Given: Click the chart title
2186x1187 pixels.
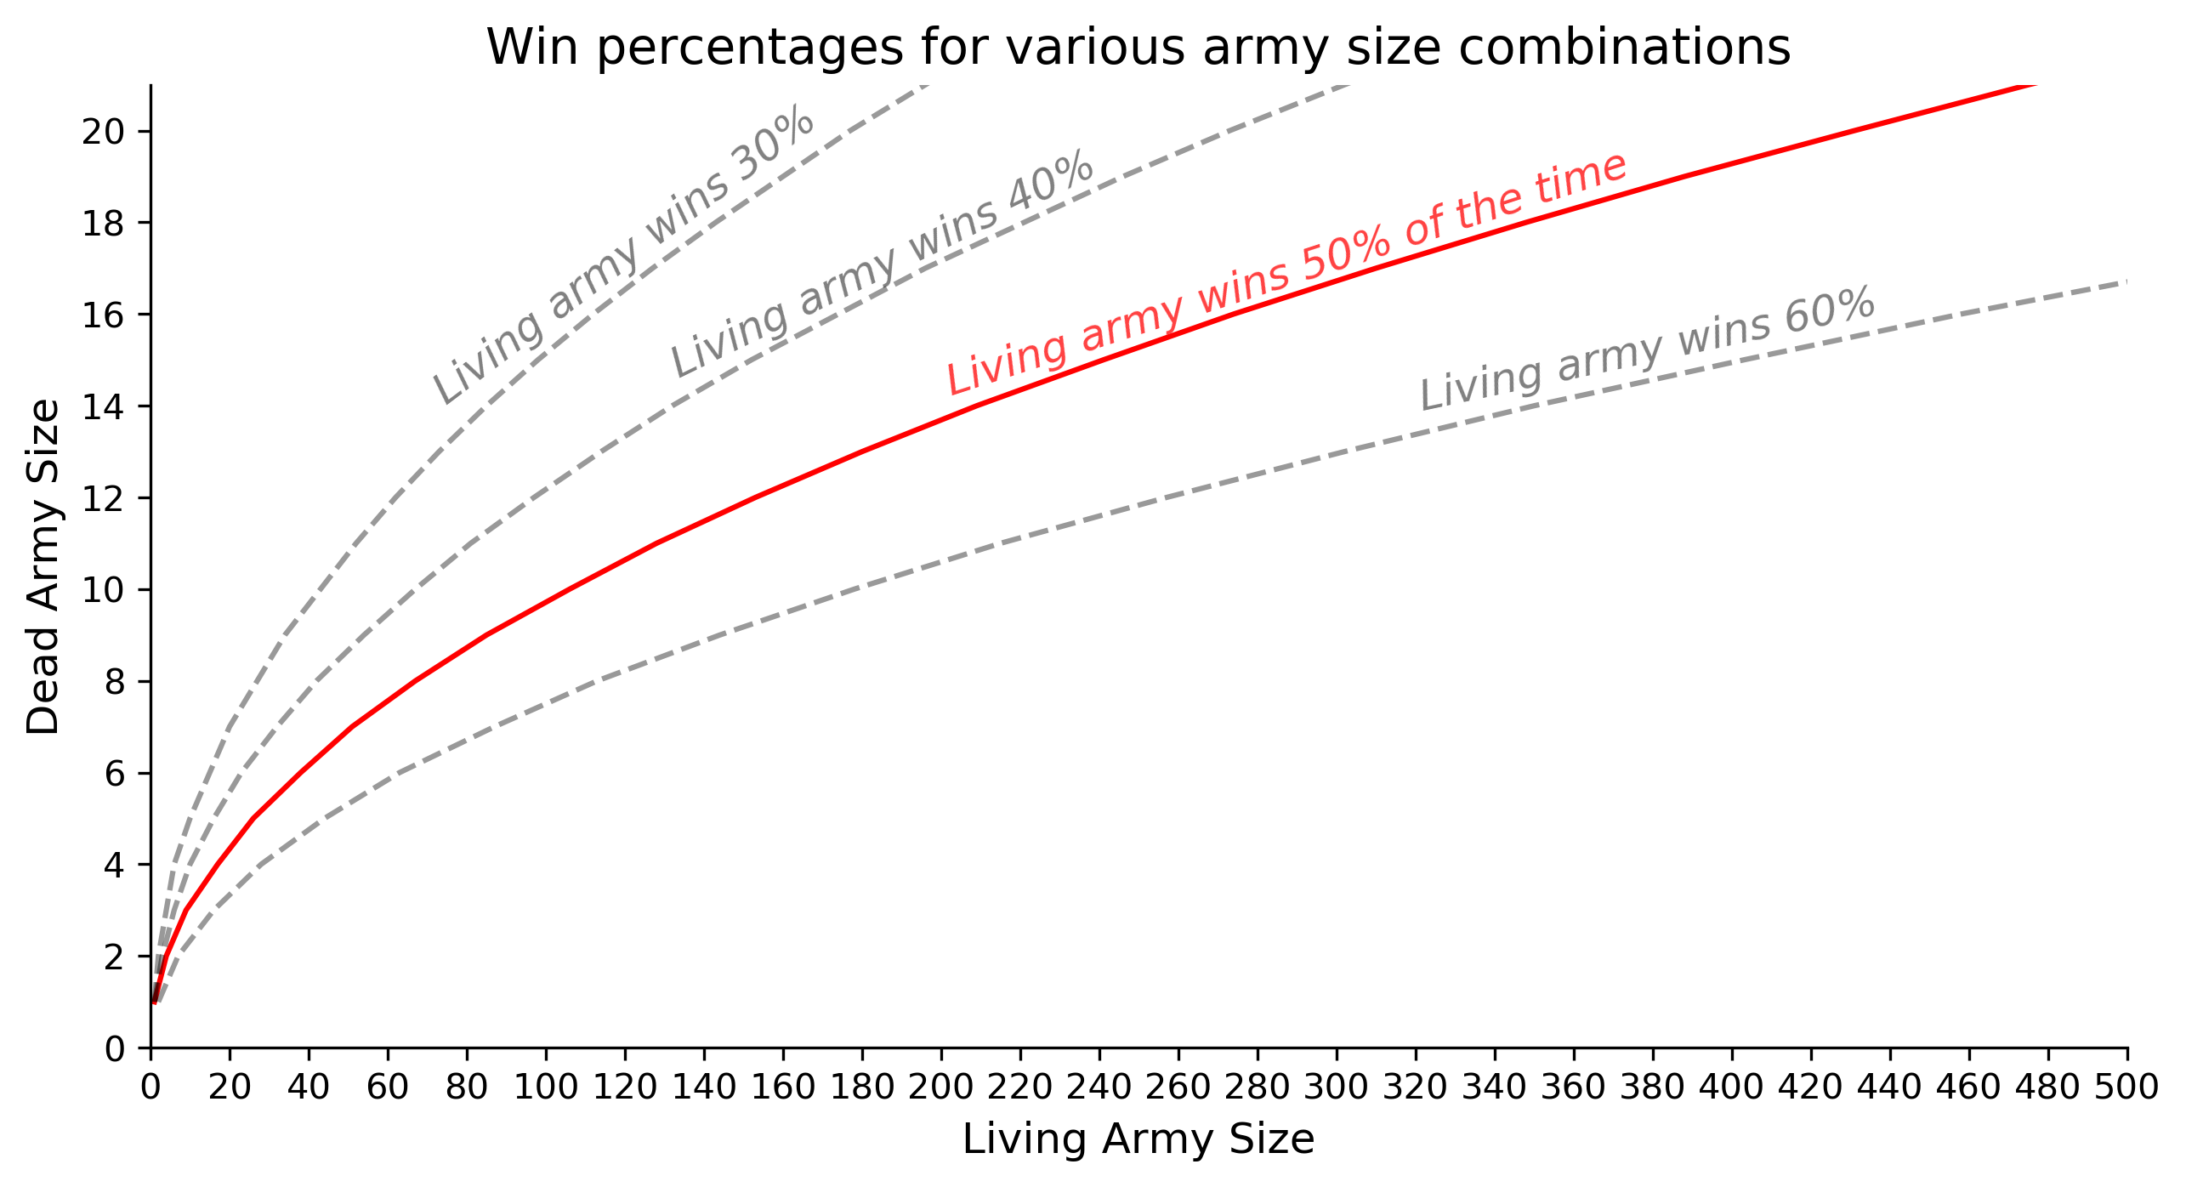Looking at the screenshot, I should tap(1138, 48).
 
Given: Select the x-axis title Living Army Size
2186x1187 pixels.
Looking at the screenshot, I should tap(1138, 1139).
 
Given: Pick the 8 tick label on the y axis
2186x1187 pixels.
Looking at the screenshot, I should tap(114, 682).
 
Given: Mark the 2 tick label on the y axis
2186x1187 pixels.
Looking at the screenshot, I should tap(114, 957).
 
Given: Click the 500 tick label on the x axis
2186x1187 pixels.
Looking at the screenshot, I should tap(2126, 1088).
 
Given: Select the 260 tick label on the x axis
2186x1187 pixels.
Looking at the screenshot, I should tap(1178, 1088).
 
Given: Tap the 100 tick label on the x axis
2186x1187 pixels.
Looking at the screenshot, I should tap(545, 1088).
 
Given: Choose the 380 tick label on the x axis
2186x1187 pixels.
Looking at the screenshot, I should tap(1652, 1088).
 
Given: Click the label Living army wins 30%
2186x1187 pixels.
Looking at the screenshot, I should tap(623, 254).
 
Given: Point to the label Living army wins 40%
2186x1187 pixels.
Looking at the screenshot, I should tap(882, 263).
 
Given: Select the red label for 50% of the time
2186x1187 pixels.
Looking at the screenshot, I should tap(1286, 273).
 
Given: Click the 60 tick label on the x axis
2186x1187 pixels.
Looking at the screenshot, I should tap(388, 1088).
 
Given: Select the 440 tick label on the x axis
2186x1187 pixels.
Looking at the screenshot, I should tap(1889, 1088).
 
